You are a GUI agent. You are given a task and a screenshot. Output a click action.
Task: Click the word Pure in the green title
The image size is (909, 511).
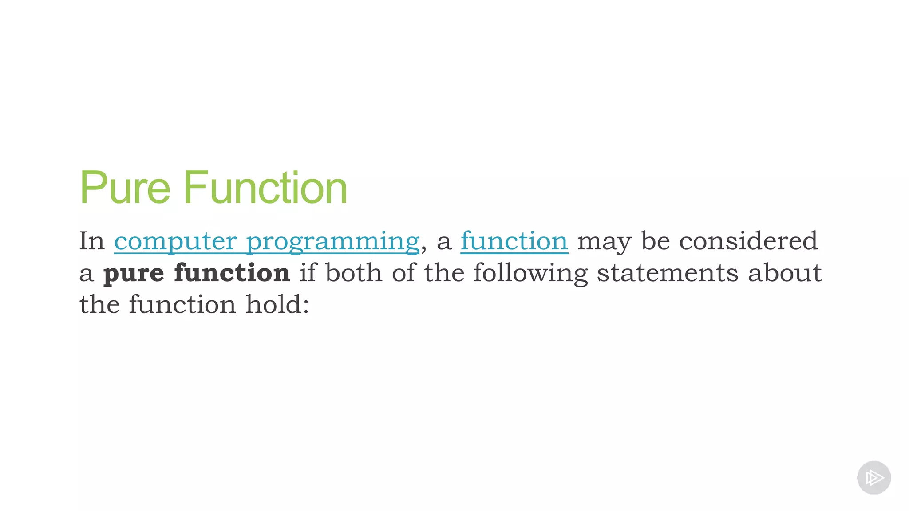click(125, 188)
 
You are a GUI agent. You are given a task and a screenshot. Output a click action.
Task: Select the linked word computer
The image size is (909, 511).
click(175, 241)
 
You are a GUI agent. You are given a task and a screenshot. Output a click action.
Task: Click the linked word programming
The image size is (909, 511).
click(333, 242)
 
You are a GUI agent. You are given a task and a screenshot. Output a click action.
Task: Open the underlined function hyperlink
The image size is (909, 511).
click(514, 241)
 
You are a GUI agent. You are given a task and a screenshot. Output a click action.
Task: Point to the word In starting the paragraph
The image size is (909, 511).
click(92, 241)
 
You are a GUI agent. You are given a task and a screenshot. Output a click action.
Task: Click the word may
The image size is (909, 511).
click(604, 242)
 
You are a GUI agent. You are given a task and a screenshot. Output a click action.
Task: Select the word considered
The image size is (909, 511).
click(748, 241)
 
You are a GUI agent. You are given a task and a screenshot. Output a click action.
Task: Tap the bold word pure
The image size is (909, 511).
click(134, 273)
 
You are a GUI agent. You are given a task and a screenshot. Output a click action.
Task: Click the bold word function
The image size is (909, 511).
click(232, 272)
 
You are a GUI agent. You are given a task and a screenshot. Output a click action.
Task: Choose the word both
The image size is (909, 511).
click(354, 272)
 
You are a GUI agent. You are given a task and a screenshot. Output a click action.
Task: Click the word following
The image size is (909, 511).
click(530, 273)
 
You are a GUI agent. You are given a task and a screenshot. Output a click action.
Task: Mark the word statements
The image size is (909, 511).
click(668, 273)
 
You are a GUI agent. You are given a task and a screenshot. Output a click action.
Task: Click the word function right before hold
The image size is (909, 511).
click(182, 305)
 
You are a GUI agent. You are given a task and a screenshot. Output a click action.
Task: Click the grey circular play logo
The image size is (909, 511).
click(873, 477)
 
